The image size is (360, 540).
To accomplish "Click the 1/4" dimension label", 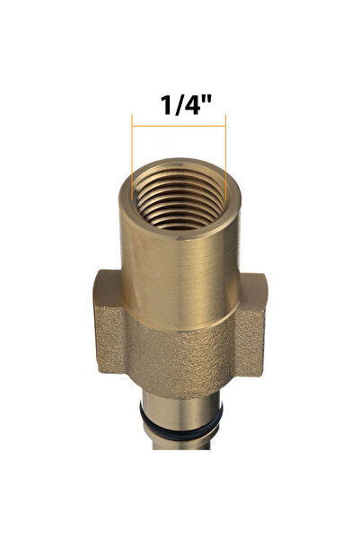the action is point(186,105).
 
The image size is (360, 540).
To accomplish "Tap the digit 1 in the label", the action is point(167,105).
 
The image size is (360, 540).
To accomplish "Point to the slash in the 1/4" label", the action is point(177,105).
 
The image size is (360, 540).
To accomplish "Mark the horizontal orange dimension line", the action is point(179,126).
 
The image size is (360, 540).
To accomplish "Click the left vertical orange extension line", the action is point(132,157).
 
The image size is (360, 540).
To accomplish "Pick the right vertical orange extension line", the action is point(225,157).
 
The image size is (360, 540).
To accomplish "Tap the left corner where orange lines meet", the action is point(132,126).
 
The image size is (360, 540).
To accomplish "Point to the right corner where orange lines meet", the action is point(225,126).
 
